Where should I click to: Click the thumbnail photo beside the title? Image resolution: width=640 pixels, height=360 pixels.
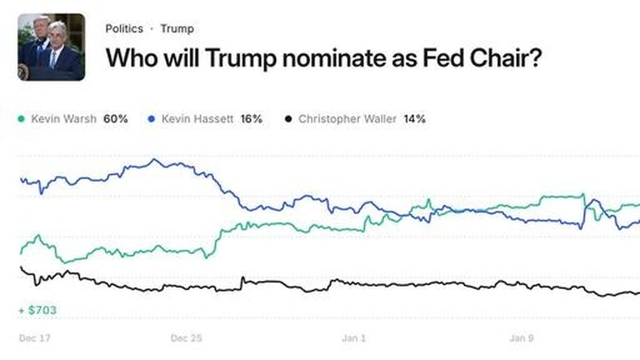(51, 47)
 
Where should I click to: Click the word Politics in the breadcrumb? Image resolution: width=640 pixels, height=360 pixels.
(124, 29)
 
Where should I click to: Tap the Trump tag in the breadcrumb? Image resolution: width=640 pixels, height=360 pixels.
(177, 29)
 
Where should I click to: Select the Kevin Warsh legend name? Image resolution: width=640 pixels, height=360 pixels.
(63, 119)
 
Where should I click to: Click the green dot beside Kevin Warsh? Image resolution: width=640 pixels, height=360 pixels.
(21, 119)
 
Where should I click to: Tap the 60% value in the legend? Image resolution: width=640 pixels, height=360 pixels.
(116, 119)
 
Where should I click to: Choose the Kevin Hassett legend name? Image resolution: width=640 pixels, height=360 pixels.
(197, 119)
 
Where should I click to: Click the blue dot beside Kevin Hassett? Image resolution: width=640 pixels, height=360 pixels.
(151, 119)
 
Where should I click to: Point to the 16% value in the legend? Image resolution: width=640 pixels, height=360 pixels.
(251, 119)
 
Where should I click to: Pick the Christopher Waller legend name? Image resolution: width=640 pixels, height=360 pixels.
(347, 119)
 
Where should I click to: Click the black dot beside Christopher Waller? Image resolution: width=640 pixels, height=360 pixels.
(289, 119)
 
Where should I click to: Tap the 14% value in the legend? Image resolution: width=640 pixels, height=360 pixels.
(414, 119)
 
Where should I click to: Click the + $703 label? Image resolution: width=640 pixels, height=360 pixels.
(37, 310)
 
